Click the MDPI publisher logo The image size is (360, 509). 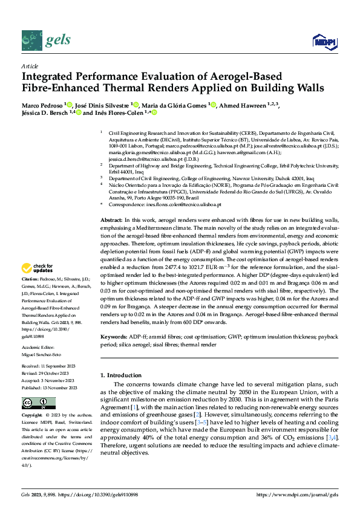(x=324, y=41)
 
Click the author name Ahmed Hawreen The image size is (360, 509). (x=243, y=105)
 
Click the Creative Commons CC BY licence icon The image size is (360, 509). (x=38, y=403)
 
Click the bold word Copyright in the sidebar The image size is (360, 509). (x=31, y=416)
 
